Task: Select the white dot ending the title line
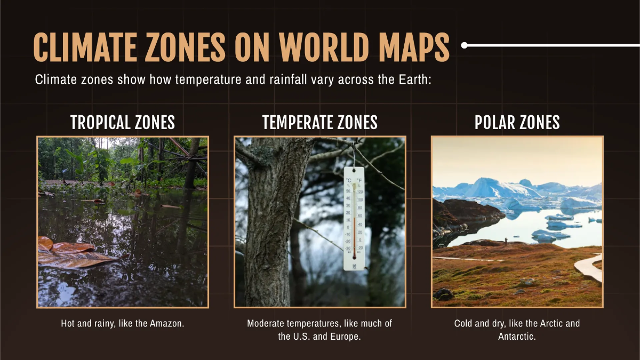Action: (464, 45)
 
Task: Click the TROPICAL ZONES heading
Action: (123, 123)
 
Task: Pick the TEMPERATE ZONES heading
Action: (320, 123)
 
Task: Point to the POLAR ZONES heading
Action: (517, 123)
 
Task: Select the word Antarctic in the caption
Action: (517, 337)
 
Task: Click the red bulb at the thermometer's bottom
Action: (354, 258)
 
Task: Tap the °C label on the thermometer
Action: (348, 181)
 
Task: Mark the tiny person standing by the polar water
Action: (506, 241)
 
